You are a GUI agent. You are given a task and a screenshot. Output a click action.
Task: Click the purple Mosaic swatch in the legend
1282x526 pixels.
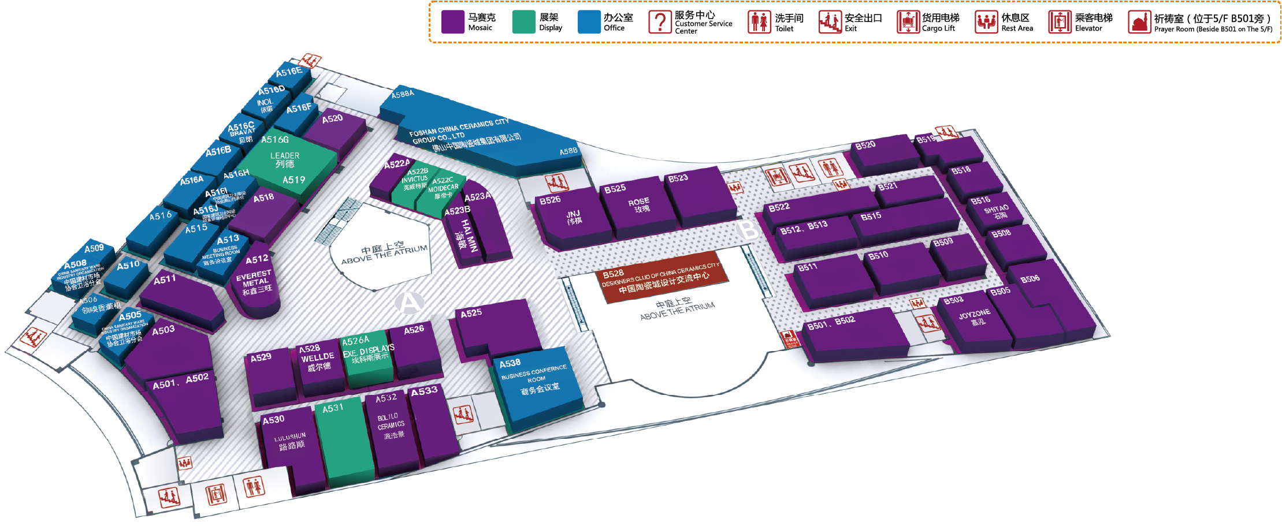(452, 22)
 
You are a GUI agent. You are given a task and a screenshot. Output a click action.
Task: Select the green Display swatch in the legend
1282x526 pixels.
(523, 22)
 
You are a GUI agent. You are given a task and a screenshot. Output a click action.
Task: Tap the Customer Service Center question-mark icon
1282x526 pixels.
(659, 22)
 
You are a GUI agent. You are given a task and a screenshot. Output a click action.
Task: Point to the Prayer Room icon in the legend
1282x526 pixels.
(1139, 23)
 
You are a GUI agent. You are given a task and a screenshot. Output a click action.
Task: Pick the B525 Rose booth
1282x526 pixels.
(639, 205)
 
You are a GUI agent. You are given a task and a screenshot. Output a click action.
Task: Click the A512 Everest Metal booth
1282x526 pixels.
(256, 283)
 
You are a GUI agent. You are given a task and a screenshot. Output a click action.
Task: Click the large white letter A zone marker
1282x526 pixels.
(409, 302)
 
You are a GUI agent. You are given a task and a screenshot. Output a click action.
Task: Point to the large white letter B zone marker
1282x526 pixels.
(748, 230)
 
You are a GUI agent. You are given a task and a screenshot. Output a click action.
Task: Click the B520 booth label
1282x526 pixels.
(865, 145)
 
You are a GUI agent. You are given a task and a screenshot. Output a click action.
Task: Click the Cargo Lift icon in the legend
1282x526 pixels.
(908, 22)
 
